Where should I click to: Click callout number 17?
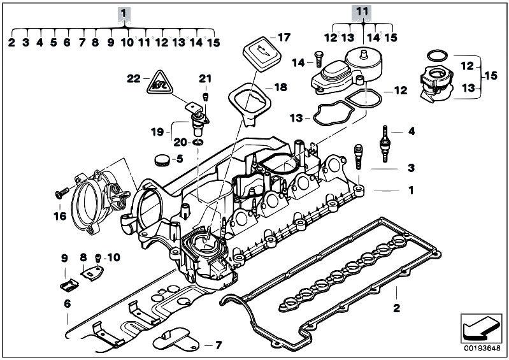(283, 36)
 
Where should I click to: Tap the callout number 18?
(281, 86)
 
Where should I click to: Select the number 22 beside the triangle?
(133, 78)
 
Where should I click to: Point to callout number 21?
(204, 78)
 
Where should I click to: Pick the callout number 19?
(157, 132)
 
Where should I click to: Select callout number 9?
(64, 257)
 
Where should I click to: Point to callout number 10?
(112, 257)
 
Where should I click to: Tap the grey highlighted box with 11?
(362, 12)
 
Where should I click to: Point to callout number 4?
(411, 132)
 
